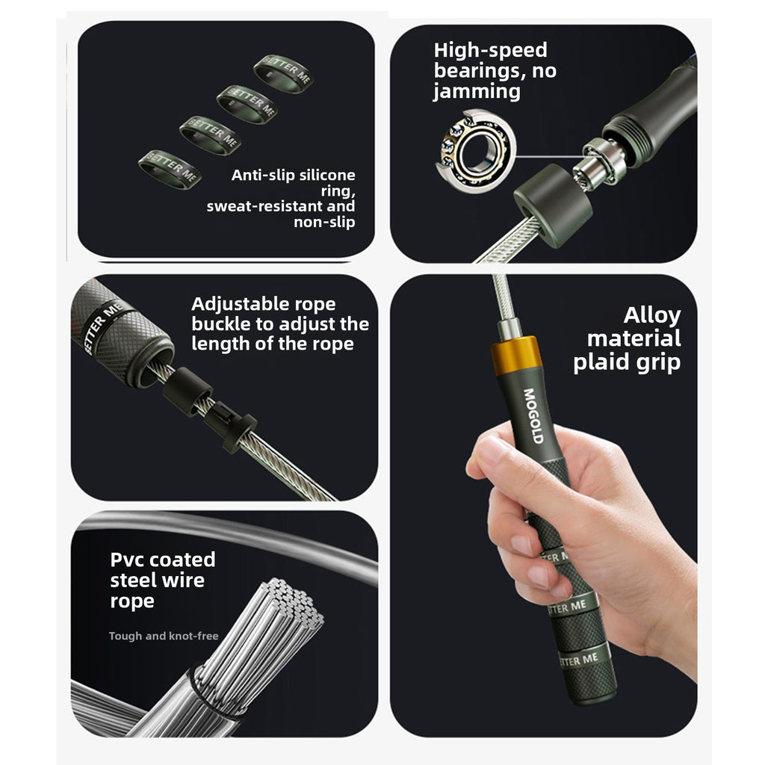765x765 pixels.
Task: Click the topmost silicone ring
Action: point(283,73)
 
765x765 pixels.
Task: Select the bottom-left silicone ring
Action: point(170,170)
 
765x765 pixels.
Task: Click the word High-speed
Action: point(490,50)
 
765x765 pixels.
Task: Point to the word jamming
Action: point(477,92)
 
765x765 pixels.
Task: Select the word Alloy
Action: point(651,316)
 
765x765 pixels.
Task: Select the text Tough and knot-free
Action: point(164,636)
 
